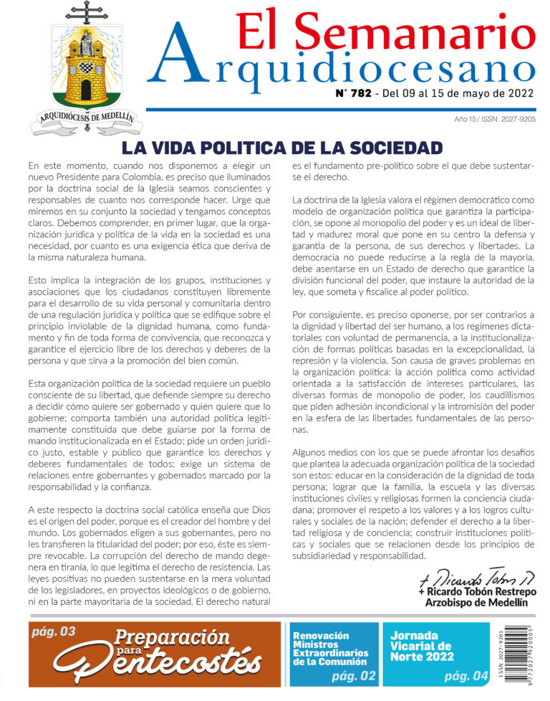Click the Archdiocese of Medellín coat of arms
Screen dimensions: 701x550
[86, 72]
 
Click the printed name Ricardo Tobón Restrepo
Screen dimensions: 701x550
[476, 592]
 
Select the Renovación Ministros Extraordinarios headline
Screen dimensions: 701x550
[331, 648]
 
